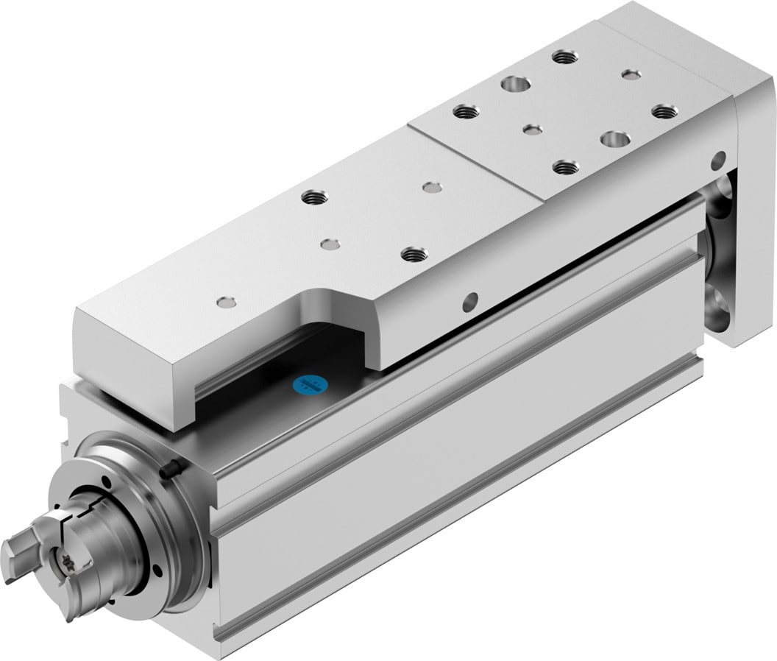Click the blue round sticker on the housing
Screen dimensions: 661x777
308,383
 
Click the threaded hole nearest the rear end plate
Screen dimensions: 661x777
664,111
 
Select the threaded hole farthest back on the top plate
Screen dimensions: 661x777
564,56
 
